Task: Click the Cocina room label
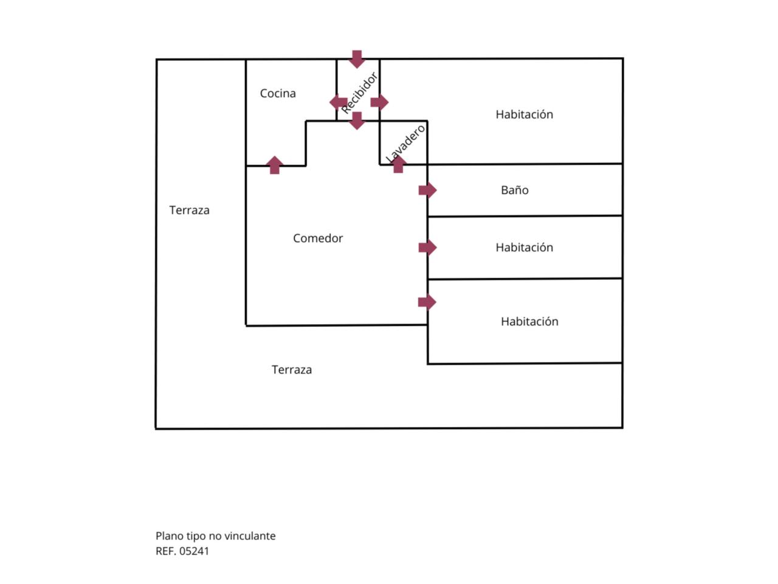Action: coord(278,94)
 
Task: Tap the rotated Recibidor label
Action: coord(359,93)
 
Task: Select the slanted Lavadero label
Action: coord(406,144)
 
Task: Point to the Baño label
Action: coord(514,190)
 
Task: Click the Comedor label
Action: coord(318,238)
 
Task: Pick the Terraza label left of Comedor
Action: coord(189,210)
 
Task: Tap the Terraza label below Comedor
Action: coord(292,370)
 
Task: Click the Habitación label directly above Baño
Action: coord(524,114)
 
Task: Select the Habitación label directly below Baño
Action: coord(524,248)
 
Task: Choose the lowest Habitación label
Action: coord(529,322)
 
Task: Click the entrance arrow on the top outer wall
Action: coord(357,59)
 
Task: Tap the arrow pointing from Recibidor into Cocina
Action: coord(339,102)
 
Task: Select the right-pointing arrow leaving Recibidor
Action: coord(379,102)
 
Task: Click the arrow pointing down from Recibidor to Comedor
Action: coord(357,120)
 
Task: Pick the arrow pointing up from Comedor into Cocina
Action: coord(275,165)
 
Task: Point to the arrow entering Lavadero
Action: coord(398,164)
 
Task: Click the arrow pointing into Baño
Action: coord(427,190)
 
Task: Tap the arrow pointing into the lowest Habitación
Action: coord(427,302)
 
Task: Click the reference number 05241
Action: coord(194,551)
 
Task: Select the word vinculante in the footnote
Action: coord(250,536)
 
